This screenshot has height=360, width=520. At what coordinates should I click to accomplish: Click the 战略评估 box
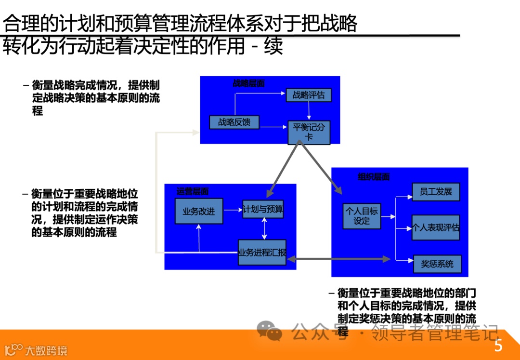(309, 95)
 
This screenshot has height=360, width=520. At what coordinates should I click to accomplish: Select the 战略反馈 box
(234, 122)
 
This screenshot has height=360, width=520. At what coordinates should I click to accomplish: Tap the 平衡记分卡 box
(309, 132)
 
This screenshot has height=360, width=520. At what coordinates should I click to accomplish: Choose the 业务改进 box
(199, 211)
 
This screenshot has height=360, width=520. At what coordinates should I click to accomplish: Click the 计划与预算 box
(263, 209)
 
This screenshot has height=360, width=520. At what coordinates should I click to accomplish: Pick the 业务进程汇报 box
(262, 253)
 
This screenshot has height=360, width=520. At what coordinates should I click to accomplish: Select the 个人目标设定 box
(361, 215)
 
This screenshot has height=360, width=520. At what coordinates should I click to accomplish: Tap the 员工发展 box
(436, 192)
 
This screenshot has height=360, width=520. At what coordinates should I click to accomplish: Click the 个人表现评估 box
(436, 227)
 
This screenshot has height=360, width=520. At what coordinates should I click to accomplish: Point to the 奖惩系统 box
(437, 264)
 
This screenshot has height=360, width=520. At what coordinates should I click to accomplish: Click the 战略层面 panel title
(249, 83)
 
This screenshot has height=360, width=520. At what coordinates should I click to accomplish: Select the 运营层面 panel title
(193, 191)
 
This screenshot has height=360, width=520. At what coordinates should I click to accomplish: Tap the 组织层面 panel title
(374, 177)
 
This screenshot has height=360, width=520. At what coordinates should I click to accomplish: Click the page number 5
(498, 346)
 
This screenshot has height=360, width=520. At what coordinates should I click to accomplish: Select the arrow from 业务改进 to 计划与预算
(233, 210)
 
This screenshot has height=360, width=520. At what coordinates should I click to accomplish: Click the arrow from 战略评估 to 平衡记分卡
(309, 111)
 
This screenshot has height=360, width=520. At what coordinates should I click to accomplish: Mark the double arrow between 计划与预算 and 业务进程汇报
(264, 229)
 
